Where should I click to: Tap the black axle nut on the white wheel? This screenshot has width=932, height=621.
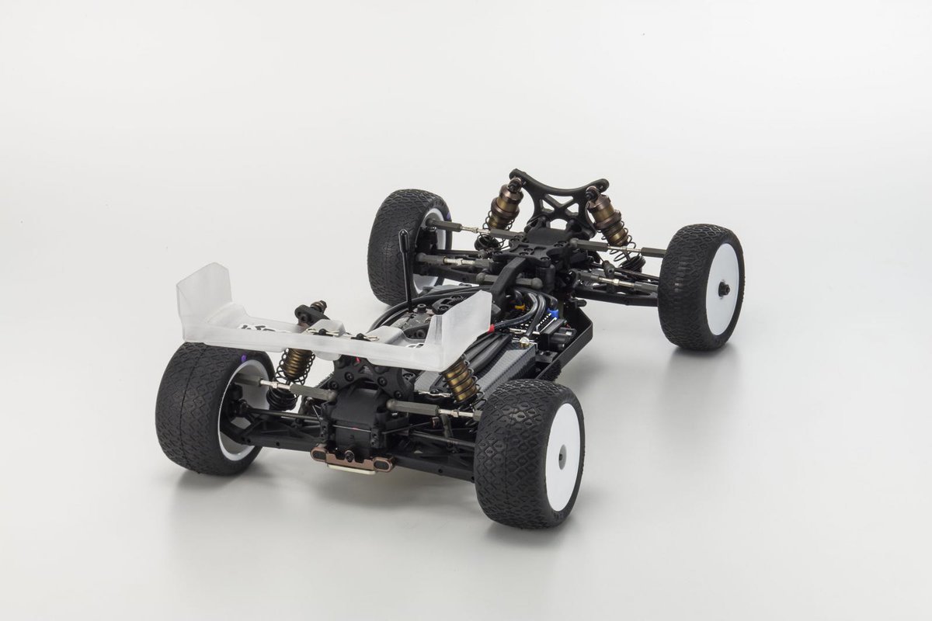pos(724,288)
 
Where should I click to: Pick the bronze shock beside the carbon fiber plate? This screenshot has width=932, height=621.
pos(460,380)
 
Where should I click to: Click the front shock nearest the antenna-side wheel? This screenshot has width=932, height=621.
pos(505,206)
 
